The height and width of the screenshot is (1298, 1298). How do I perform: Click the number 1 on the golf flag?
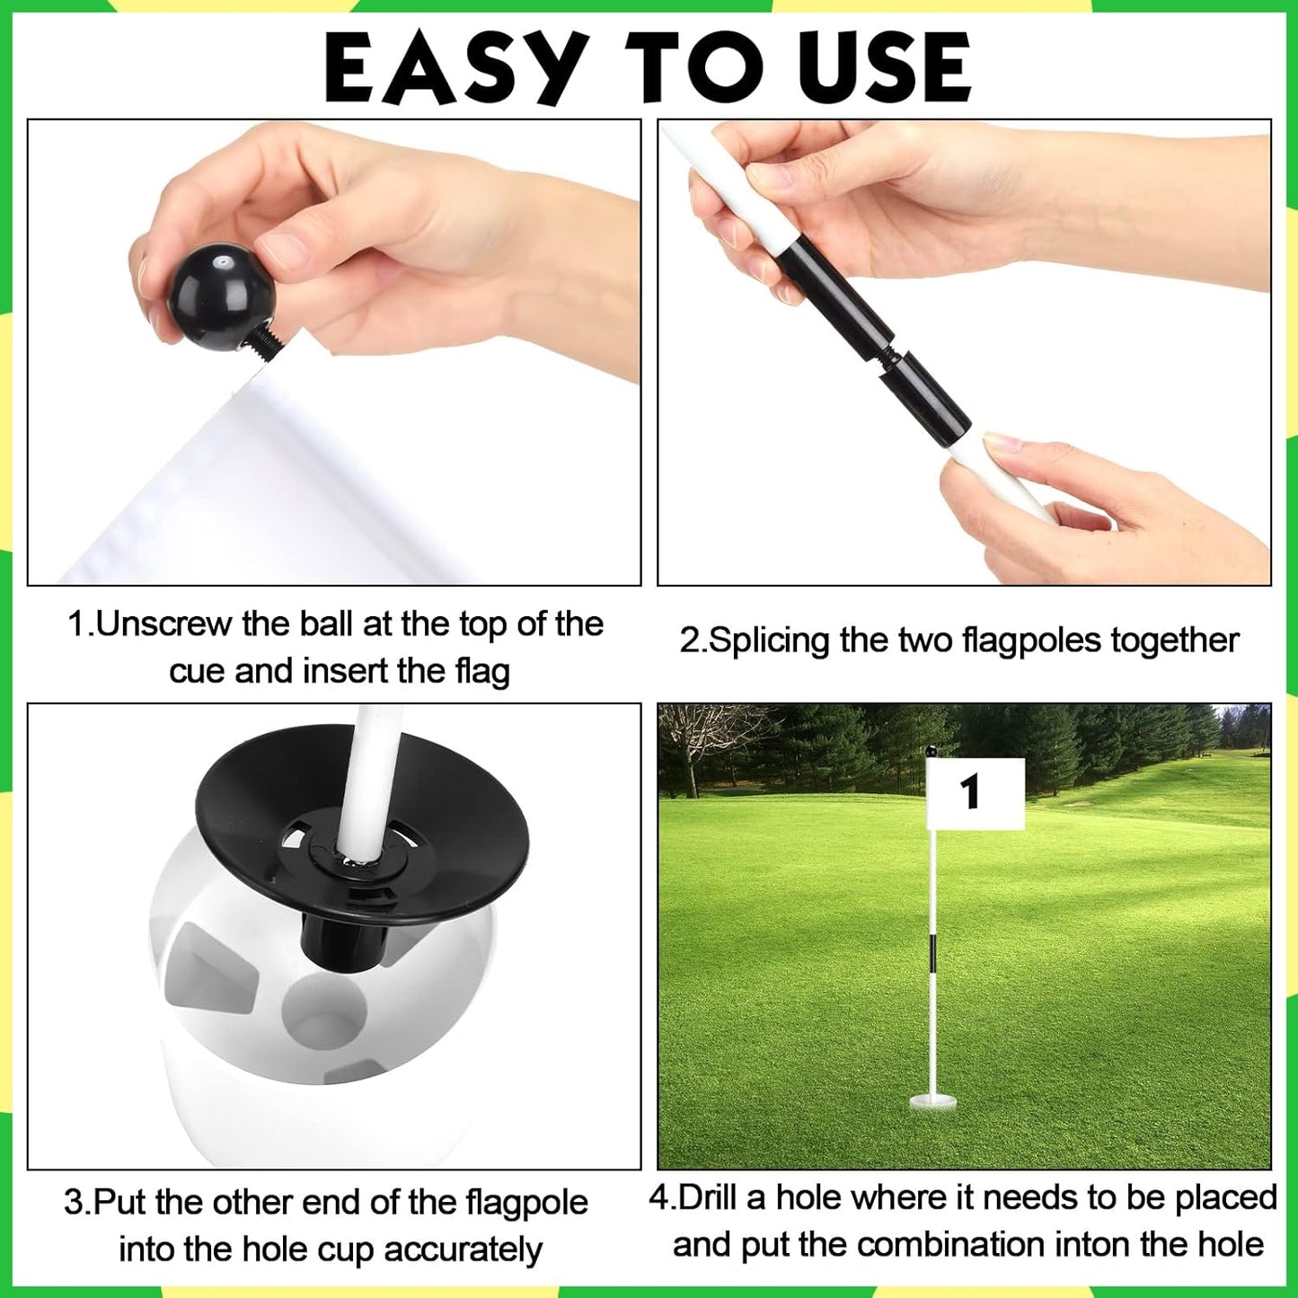[969, 792]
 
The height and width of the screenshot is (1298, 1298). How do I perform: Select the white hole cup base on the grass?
[934, 1100]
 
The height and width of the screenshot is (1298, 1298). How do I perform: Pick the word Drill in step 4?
[723, 1197]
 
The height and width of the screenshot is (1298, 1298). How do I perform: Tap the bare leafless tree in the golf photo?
[697, 741]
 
